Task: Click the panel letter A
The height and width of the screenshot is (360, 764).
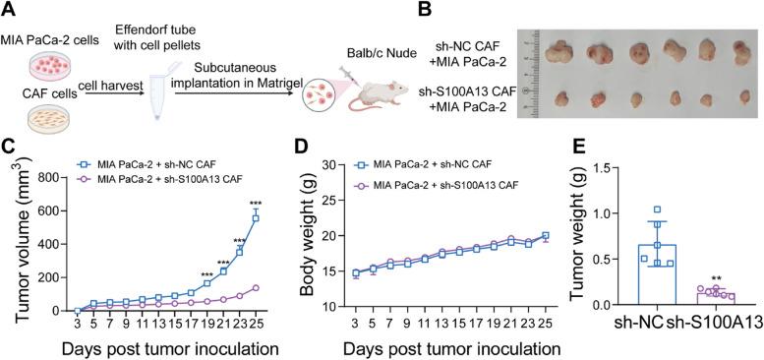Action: click(9, 9)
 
